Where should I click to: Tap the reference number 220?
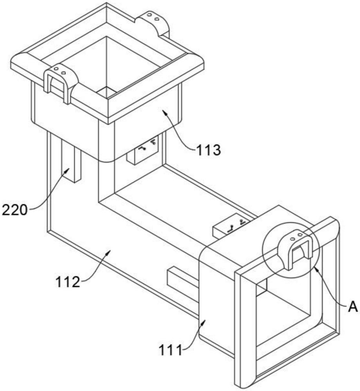pyautogui.click(x=14, y=210)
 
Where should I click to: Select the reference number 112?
pyautogui.click(x=68, y=282)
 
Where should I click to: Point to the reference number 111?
pyautogui.click(x=171, y=351)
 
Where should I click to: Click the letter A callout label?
pyautogui.click(x=353, y=307)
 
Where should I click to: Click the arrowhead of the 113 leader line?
pyautogui.click(x=164, y=112)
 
